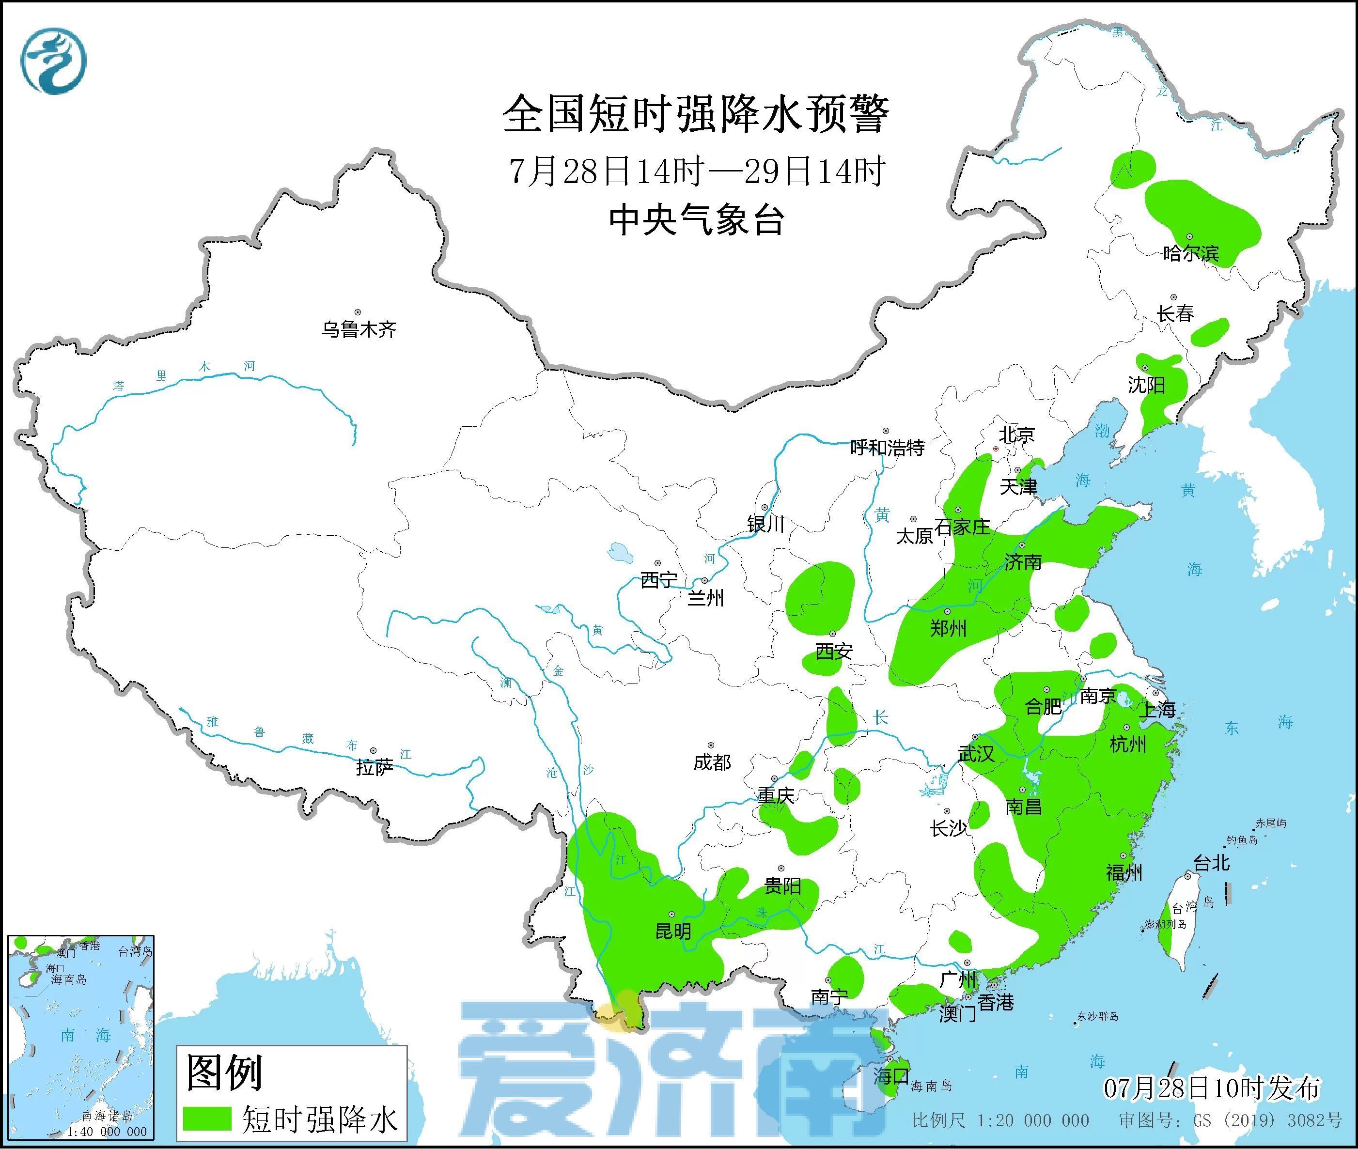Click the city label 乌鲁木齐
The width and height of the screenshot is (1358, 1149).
point(358,329)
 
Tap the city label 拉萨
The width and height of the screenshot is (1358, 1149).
point(375,767)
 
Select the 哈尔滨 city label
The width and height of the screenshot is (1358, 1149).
point(1190,253)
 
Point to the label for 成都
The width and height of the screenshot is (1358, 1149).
point(712,762)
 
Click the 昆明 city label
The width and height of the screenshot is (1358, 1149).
point(673,931)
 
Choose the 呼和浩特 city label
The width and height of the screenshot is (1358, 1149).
point(887,448)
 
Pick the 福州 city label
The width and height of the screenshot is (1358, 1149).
point(1124,872)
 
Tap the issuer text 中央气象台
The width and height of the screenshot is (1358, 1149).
point(696,220)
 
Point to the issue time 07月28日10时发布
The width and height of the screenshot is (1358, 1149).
point(1212,1088)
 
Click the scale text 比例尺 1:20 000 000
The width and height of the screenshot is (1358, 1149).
point(1000,1120)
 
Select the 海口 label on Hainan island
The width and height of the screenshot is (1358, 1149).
point(891,1075)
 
